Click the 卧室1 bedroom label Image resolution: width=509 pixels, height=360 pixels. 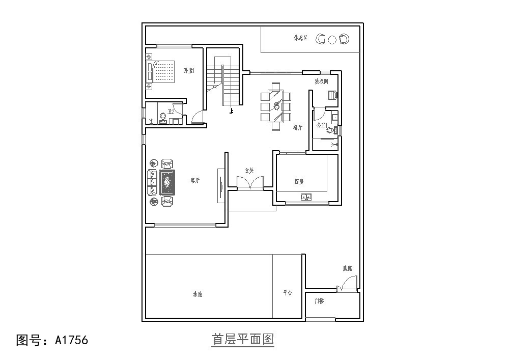click(189, 70)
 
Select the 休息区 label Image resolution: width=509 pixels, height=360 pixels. click(300, 38)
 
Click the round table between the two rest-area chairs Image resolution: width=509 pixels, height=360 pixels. click(332, 39)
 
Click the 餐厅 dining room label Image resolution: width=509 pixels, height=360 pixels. click(298, 128)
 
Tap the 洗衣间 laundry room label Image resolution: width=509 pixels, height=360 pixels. click(321, 81)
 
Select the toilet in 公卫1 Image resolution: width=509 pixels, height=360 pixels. click(330, 130)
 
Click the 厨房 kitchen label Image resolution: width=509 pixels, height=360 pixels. click(299, 181)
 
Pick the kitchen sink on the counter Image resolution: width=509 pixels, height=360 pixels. click(306, 197)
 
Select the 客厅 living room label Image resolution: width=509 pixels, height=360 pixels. click(195, 180)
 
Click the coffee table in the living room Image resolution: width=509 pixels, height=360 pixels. click(167, 183)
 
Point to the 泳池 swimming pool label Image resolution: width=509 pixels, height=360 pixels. click(197, 294)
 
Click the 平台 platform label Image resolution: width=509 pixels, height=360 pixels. click(288, 293)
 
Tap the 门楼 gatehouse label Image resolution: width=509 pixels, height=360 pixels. click(319, 301)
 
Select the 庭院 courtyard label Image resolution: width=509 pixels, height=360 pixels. click(347, 268)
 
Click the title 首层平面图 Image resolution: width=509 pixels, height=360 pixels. click(243, 339)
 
